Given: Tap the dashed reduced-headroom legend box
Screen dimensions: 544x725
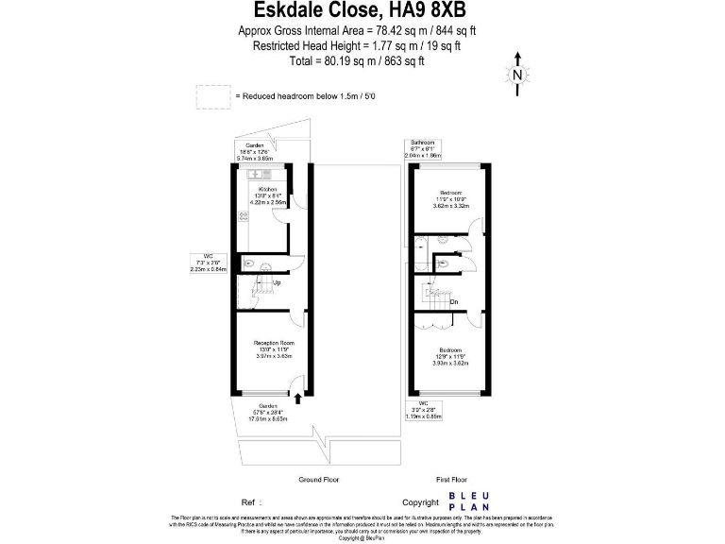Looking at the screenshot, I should coord(212,96).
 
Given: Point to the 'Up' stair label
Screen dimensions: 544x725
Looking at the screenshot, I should coord(277,282).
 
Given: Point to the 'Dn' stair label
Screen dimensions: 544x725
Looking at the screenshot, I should coord(454,302).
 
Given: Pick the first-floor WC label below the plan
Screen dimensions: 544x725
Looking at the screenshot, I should coord(422,412).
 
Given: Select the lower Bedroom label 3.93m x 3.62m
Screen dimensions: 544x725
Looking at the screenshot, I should coord(449,357).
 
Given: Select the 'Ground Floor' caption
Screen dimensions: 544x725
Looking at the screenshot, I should coord(318,480).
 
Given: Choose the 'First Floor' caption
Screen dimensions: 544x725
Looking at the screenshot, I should coord(451,480).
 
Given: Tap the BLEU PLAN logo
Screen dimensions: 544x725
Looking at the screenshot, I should coord(468,501).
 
